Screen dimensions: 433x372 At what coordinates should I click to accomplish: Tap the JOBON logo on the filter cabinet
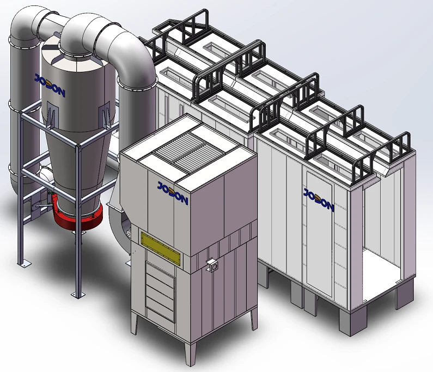coord(173,193)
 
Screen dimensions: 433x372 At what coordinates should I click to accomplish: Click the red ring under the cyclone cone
coord(78,216)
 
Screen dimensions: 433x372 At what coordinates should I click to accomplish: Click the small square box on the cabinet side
coord(212,265)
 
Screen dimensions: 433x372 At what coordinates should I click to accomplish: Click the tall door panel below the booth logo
coord(319,237)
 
